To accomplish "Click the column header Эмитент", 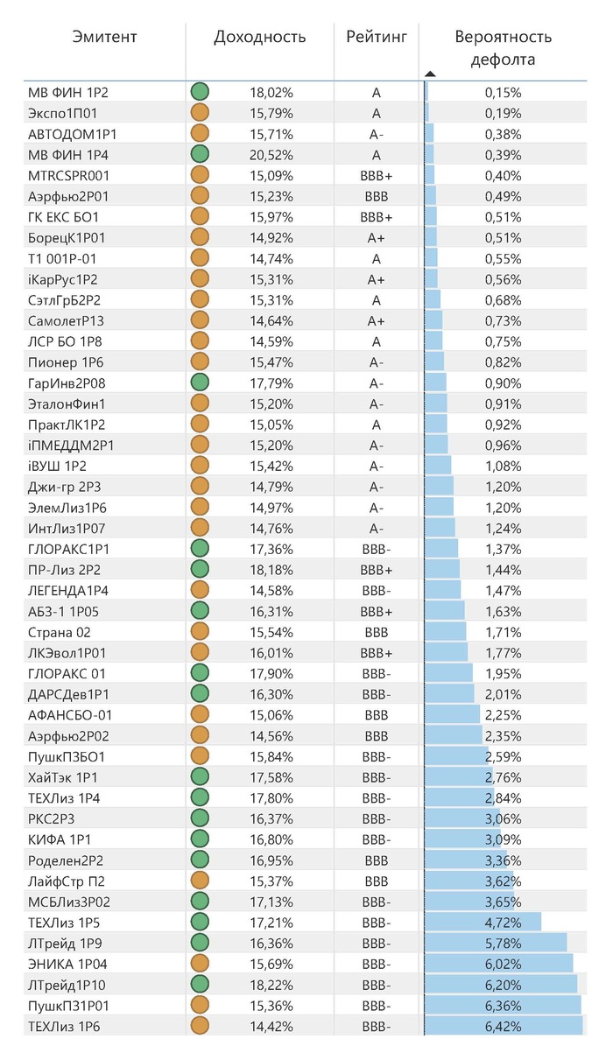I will (x=105, y=37).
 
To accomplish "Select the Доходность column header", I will (x=260, y=37).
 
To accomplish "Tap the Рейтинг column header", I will (x=377, y=37).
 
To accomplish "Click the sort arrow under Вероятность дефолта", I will (x=430, y=74).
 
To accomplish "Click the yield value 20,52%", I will (x=271, y=155).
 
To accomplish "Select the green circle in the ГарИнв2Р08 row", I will (x=200, y=383).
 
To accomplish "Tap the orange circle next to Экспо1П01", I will (x=200, y=113).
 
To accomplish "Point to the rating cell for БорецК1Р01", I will (x=377, y=237).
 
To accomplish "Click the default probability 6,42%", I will (x=504, y=1027).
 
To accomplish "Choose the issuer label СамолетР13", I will (x=66, y=320).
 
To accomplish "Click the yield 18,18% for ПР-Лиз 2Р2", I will (x=271, y=569).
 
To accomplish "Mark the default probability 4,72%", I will (x=504, y=923).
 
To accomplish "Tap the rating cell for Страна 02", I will (x=377, y=632).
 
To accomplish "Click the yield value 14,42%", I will (x=271, y=1027).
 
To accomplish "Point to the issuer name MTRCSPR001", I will (x=69, y=175).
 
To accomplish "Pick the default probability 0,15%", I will (x=504, y=92).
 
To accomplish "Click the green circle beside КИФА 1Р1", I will (x=200, y=839).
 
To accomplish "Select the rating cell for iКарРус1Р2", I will (x=377, y=279).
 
